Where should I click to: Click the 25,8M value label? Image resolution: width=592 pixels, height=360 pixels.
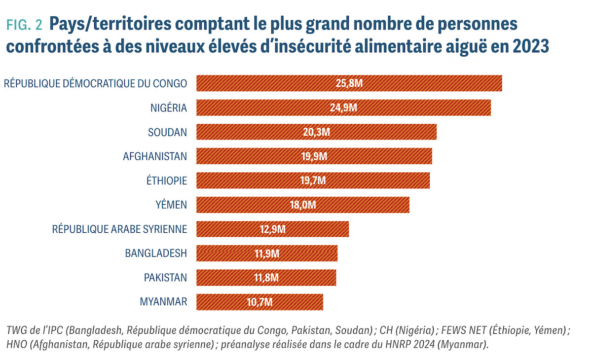[349, 83]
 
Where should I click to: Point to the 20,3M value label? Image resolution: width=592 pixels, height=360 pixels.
[316, 132]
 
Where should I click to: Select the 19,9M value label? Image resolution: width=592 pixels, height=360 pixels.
[314, 156]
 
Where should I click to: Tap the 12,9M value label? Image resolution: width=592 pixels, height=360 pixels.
[272, 229]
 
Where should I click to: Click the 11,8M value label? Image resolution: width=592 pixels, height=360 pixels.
[266, 278]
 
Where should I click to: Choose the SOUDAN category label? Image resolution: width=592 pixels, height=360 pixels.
[167, 132]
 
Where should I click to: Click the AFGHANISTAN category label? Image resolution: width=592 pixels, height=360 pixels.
[155, 156]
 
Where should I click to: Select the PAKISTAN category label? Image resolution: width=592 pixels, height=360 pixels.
[165, 278]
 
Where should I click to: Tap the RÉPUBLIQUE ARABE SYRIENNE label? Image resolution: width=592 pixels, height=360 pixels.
[119, 229]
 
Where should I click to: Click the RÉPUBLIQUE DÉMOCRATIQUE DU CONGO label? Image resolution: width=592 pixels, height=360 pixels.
[95, 83]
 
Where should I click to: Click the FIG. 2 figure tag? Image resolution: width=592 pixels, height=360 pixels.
[24, 25]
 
